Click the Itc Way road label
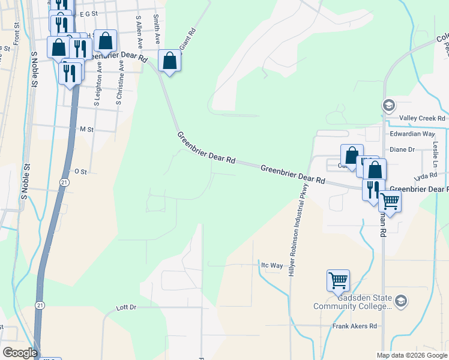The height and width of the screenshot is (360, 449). coord(272,265)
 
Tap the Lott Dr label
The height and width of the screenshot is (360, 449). coord(126,307)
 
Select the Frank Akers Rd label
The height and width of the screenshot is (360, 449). coord(355,326)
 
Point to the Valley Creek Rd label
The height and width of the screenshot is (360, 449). coord(423,118)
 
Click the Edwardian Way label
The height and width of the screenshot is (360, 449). coord(412,134)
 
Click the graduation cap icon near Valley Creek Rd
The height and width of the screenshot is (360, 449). coord(388,106)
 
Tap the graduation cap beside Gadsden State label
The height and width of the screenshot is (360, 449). coord(400,300)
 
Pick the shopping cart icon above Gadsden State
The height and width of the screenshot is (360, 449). coord(338,280)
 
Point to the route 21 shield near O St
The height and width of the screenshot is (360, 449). coord(64,181)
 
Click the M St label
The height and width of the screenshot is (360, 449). coord(87,129)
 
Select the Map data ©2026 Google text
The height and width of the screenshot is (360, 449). coord(411,355)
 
